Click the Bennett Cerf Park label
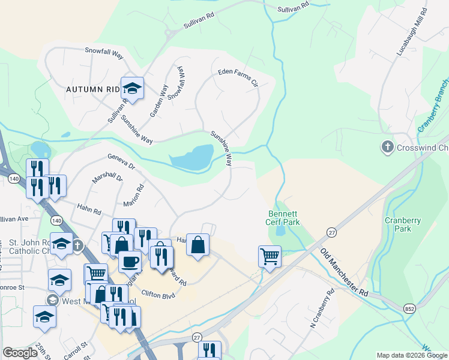(x=283, y=218)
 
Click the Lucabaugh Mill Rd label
(x=411, y=33)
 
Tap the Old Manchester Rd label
(x=344, y=271)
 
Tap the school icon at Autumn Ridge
(x=132, y=88)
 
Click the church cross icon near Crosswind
(x=388, y=146)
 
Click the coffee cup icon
(x=130, y=261)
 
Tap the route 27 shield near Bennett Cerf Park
(x=331, y=232)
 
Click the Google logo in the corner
(x=20, y=353)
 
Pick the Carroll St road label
(x=76, y=346)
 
